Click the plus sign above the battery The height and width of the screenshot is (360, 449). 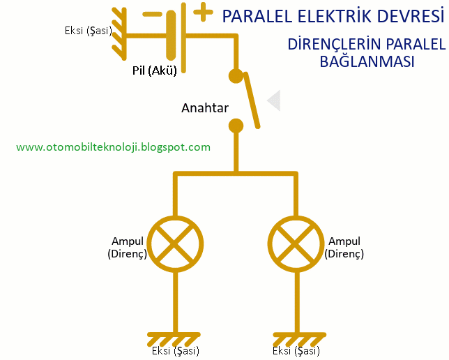pos(203,11)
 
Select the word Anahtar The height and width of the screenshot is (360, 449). pos(205,108)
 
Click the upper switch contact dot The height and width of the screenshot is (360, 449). pos(236,76)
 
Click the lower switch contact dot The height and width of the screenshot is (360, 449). pos(236,126)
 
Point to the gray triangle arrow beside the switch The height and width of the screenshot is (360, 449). pos(273,100)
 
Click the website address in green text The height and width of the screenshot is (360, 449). pos(113,147)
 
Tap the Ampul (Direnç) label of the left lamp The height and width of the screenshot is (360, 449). pos(127,248)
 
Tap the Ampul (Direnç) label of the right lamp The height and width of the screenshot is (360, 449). pos(344,248)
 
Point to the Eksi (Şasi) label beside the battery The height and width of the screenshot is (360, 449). pos(86,31)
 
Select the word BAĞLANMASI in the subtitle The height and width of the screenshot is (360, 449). pos(367,61)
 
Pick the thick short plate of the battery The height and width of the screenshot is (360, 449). pos(172,34)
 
